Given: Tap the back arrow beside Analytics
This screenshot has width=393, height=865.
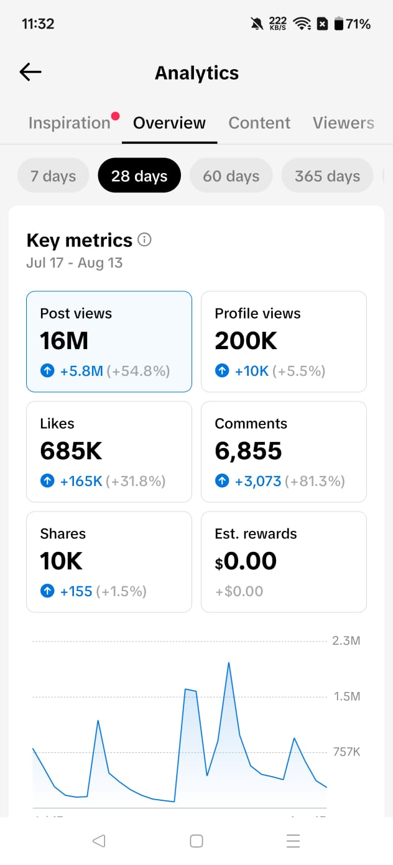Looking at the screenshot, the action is [x=30, y=72].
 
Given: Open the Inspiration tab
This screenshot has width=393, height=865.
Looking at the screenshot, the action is [x=70, y=123].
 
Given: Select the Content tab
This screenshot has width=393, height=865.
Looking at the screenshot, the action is [x=259, y=123].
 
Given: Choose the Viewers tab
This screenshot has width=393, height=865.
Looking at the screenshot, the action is [x=343, y=123].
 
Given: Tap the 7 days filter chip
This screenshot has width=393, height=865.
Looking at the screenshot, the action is [x=53, y=175].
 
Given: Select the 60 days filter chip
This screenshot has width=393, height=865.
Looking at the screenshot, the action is [x=231, y=175].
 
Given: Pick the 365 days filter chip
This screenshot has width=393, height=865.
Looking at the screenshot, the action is [x=327, y=175].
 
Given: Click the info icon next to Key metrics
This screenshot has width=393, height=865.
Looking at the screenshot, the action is [x=145, y=240].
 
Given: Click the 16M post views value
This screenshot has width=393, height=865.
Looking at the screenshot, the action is [x=64, y=341].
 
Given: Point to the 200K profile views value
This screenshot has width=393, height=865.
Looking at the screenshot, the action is [x=246, y=341].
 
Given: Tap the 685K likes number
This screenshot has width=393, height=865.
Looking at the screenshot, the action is [x=71, y=451].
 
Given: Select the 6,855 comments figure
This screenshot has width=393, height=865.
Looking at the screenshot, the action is [x=248, y=451].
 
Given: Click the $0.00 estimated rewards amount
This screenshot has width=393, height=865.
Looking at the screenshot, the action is [x=246, y=561].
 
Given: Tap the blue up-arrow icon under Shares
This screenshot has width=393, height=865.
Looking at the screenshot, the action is [x=47, y=591].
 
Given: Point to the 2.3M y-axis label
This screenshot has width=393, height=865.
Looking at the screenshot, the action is [x=346, y=640].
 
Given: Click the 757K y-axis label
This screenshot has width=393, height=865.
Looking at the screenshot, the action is [x=347, y=752].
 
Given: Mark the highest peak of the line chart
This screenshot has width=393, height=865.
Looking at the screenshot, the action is [x=229, y=663].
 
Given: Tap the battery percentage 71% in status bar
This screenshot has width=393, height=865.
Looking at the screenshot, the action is [x=358, y=24].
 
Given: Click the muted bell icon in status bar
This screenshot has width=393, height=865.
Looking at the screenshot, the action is [x=257, y=24].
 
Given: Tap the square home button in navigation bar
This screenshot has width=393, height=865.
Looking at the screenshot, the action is [x=196, y=841].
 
